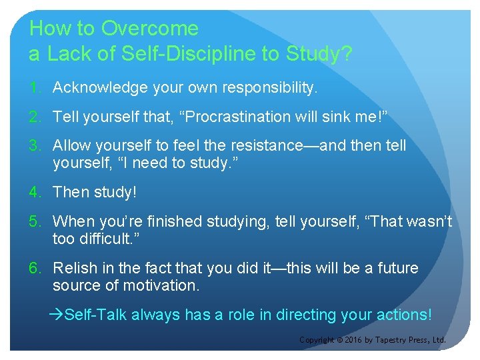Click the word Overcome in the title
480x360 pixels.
tap(149, 28)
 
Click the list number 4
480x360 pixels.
tap(33, 192)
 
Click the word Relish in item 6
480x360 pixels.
tap(73, 268)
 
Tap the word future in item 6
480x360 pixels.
tap(395, 268)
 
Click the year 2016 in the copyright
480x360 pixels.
tap(353, 340)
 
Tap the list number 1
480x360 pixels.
tap(33, 87)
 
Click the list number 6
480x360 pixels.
tap(33, 268)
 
